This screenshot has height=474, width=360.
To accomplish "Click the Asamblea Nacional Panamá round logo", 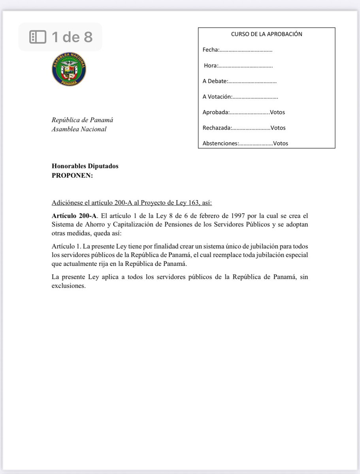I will pos(69,70).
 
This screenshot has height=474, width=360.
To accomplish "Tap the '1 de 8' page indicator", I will pos(72,37).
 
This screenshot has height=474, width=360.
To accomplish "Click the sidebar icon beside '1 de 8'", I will pos(38,37).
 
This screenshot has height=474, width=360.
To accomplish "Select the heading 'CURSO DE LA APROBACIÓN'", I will pos(266,34).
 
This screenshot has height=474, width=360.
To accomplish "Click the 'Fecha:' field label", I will pos(210,50).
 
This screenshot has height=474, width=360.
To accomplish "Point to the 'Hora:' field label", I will pos(211,66).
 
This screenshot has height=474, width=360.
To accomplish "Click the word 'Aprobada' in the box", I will pos(215,112).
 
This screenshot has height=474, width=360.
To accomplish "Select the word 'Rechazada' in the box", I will pos(217,128).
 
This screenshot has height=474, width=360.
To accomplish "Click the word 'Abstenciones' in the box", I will pos(220,143).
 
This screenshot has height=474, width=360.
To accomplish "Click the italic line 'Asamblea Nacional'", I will pos(79,129).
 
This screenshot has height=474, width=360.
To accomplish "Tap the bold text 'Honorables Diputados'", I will pos(85,166).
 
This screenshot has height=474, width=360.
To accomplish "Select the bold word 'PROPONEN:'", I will pos(72,176).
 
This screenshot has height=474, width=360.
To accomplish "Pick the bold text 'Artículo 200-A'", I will pos(74,216).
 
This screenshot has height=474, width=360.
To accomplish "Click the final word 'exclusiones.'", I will pos(69,286).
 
